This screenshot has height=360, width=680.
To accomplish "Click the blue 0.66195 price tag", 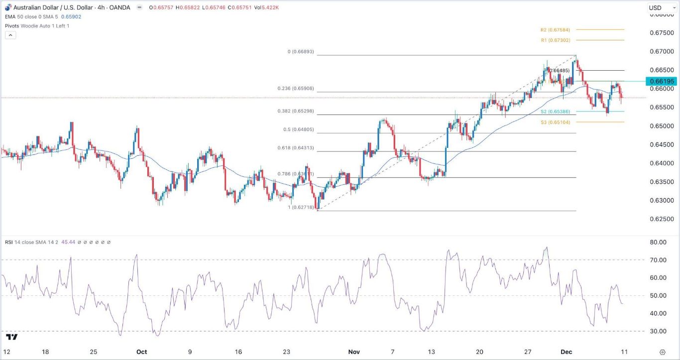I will (x=661, y=81).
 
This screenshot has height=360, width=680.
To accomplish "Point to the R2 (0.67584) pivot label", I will (x=555, y=30).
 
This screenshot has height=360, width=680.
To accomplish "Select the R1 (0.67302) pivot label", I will (x=555, y=40).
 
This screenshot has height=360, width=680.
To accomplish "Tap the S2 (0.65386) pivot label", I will (x=555, y=112).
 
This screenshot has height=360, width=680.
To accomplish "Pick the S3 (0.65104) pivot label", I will (x=555, y=121).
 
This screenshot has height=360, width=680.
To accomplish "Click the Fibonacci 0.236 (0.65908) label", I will (x=295, y=89).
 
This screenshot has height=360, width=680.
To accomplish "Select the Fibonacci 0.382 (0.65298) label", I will (x=295, y=111).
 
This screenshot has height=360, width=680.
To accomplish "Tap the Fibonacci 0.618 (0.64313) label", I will (x=295, y=148).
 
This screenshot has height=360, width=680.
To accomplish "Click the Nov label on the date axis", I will (x=354, y=352).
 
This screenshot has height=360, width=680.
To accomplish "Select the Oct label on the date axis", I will (x=142, y=352).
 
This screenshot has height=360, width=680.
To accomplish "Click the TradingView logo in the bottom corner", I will (x=12, y=337).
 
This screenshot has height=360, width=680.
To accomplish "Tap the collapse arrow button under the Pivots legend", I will (x=10, y=35).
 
